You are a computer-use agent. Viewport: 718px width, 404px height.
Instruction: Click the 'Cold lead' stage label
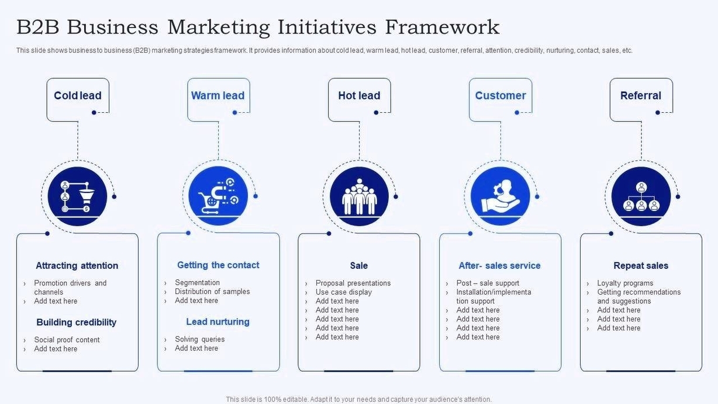pyautogui.click(x=78, y=95)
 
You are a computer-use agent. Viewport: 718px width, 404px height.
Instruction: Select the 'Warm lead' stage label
pyautogui.click(x=218, y=95)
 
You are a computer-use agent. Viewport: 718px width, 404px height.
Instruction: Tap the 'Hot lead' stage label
pyautogui.click(x=359, y=95)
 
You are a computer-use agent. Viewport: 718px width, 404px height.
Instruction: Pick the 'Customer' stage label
pyautogui.click(x=500, y=95)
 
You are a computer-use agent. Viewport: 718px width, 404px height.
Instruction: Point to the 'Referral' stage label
pyautogui.click(x=641, y=95)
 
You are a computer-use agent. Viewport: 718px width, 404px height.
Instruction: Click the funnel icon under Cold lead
pyautogui.click(x=77, y=196)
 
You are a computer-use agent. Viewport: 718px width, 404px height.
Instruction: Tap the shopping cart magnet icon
pyautogui.click(x=218, y=196)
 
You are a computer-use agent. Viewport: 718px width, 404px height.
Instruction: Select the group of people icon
pyautogui.click(x=359, y=196)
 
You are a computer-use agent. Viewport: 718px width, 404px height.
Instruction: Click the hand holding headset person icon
pyautogui.click(x=500, y=196)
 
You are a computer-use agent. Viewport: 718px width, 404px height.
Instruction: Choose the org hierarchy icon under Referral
pyautogui.click(x=641, y=196)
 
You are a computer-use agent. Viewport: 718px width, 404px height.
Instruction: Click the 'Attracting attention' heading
pyautogui.click(x=77, y=265)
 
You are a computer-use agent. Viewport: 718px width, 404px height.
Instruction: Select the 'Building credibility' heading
pyautogui.click(x=76, y=322)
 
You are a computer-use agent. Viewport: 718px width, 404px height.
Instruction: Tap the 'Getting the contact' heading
pyautogui.click(x=218, y=265)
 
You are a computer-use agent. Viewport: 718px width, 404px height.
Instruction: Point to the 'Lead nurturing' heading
pyautogui.click(x=218, y=322)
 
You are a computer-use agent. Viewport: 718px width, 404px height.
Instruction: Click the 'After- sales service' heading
pyautogui.click(x=499, y=265)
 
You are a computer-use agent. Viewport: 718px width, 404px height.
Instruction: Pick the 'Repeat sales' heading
pyautogui.click(x=641, y=265)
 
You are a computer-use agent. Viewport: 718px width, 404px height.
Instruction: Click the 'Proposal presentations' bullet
pyautogui.click(x=353, y=283)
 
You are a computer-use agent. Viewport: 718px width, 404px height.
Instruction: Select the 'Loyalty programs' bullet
pyautogui.click(x=625, y=283)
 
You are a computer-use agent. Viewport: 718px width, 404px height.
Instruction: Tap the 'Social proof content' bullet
pyautogui.click(x=67, y=340)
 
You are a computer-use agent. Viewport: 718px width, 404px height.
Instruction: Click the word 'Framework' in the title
pyautogui.click(x=442, y=27)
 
